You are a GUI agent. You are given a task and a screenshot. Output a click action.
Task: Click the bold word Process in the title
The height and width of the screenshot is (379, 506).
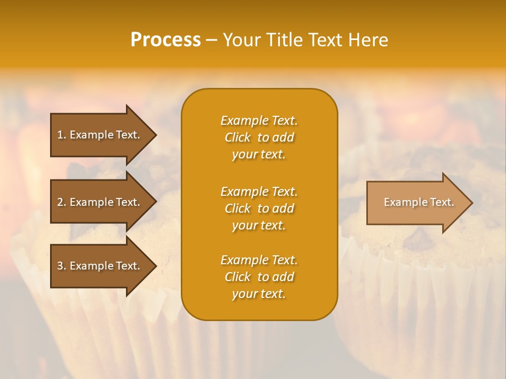[x=166, y=40]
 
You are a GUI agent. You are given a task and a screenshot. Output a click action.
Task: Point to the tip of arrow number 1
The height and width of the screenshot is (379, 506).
[x=155, y=135]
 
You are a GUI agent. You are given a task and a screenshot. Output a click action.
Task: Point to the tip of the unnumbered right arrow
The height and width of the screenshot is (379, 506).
[x=472, y=203]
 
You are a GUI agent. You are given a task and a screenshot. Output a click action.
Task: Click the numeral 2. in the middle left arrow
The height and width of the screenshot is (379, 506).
[x=62, y=202]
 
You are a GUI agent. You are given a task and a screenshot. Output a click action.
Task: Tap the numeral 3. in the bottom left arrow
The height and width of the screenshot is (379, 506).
[x=62, y=266]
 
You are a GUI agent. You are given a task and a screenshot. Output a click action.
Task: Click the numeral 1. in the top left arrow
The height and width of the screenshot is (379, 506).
[x=62, y=135]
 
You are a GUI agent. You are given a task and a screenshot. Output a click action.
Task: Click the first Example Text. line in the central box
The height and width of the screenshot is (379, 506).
[x=259, y=121]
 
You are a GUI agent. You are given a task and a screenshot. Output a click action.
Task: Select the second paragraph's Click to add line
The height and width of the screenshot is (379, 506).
[x=259, y=208]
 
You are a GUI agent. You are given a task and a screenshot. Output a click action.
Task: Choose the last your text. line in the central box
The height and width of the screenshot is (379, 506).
[x=259, y=294]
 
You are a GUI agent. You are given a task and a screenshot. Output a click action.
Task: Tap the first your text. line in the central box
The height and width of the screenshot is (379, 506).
[x=259, y=154]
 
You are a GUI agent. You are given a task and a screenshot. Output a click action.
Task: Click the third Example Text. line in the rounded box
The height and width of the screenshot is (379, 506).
[x=259, y=260]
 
